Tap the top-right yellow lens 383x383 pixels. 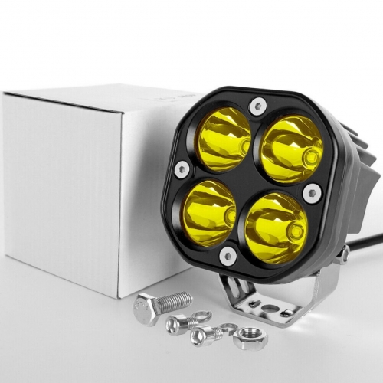pos(292,150)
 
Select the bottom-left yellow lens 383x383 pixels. pos(208,208)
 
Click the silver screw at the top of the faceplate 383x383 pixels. pos(258,106)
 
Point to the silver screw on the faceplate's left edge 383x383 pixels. pos(182,169)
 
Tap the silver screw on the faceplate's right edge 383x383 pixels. pos(312,192)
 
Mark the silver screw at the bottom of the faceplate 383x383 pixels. pos(228,256)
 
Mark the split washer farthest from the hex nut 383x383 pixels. pos(201,315)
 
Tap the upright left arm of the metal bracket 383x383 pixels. pos(230,288)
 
